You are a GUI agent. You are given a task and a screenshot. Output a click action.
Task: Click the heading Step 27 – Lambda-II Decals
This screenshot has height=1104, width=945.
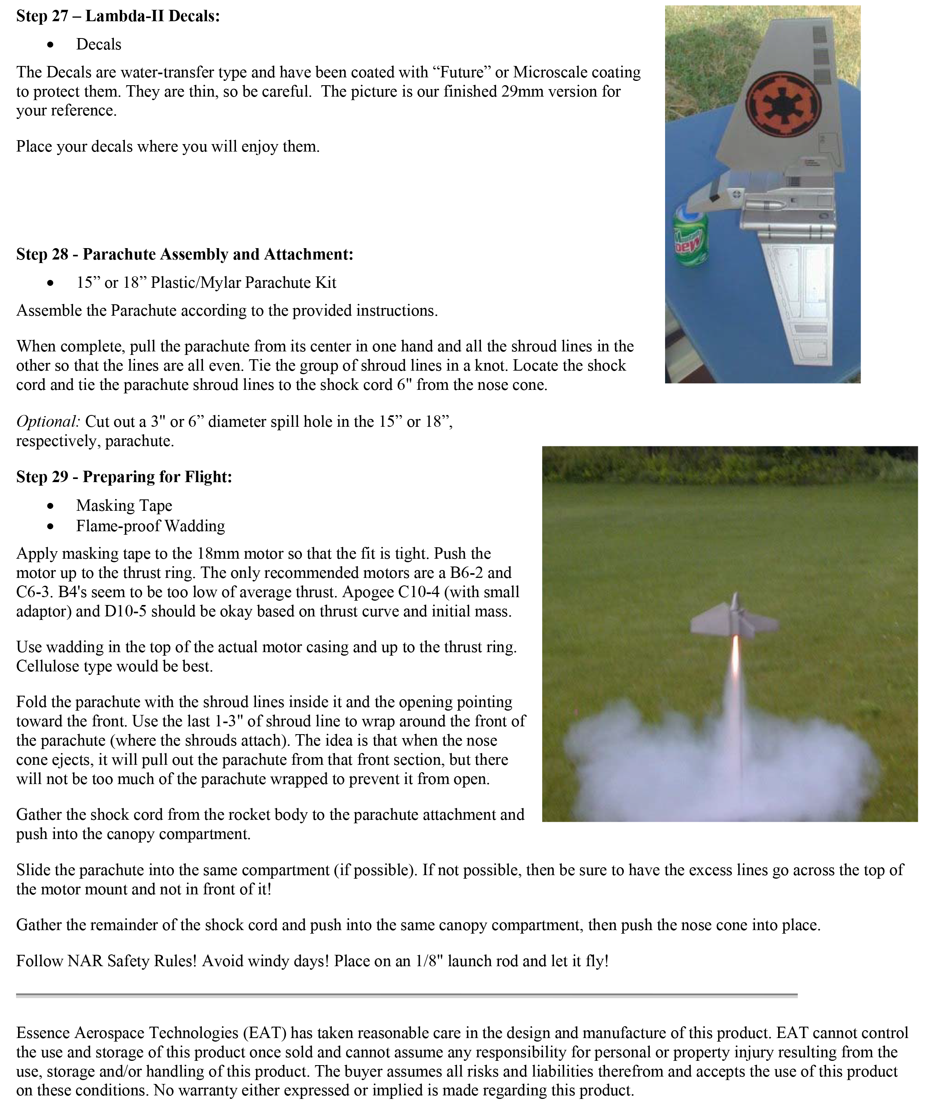(118, 16)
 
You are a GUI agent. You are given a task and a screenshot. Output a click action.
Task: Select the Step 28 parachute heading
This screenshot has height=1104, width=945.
(184, 254)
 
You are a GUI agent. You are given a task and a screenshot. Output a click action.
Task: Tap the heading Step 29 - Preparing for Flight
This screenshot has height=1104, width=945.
(124, 476)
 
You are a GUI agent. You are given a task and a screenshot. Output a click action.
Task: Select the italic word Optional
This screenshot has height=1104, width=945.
(48, 422)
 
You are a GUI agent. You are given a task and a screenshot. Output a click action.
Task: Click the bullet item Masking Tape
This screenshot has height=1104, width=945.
(124, 505)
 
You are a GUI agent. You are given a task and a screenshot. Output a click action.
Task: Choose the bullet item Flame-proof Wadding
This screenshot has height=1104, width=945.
(150, 526)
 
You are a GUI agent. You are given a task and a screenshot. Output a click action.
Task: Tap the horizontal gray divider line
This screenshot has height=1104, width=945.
(406, 995)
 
